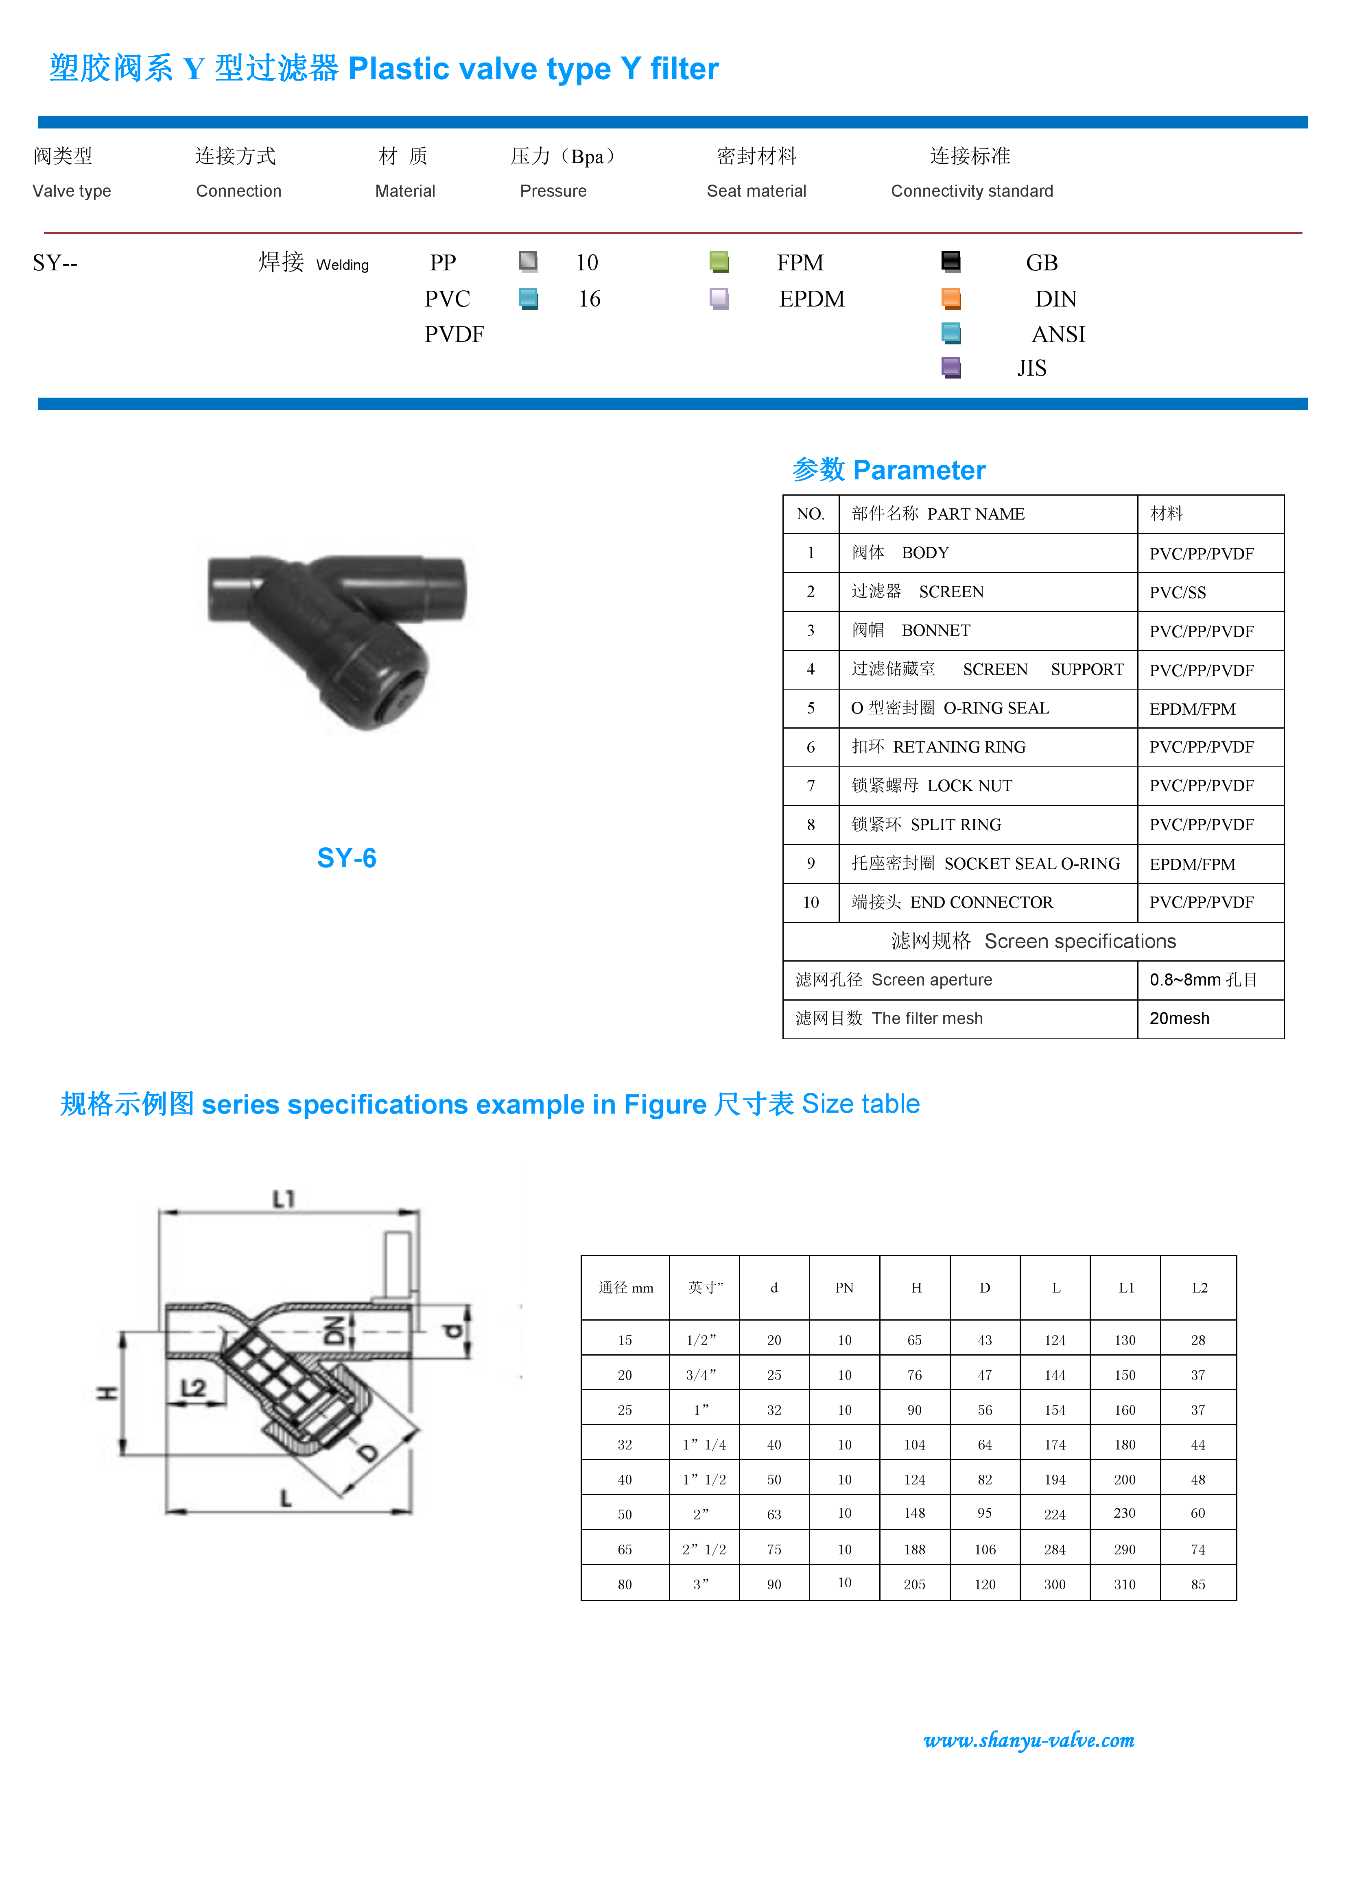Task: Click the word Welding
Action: coord(342,265)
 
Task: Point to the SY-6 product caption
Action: coord(346,858)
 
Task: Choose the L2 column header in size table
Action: coord(1198,1287)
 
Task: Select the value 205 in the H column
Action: coord(914,1584)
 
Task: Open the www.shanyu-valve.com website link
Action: coord(1029,1741)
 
